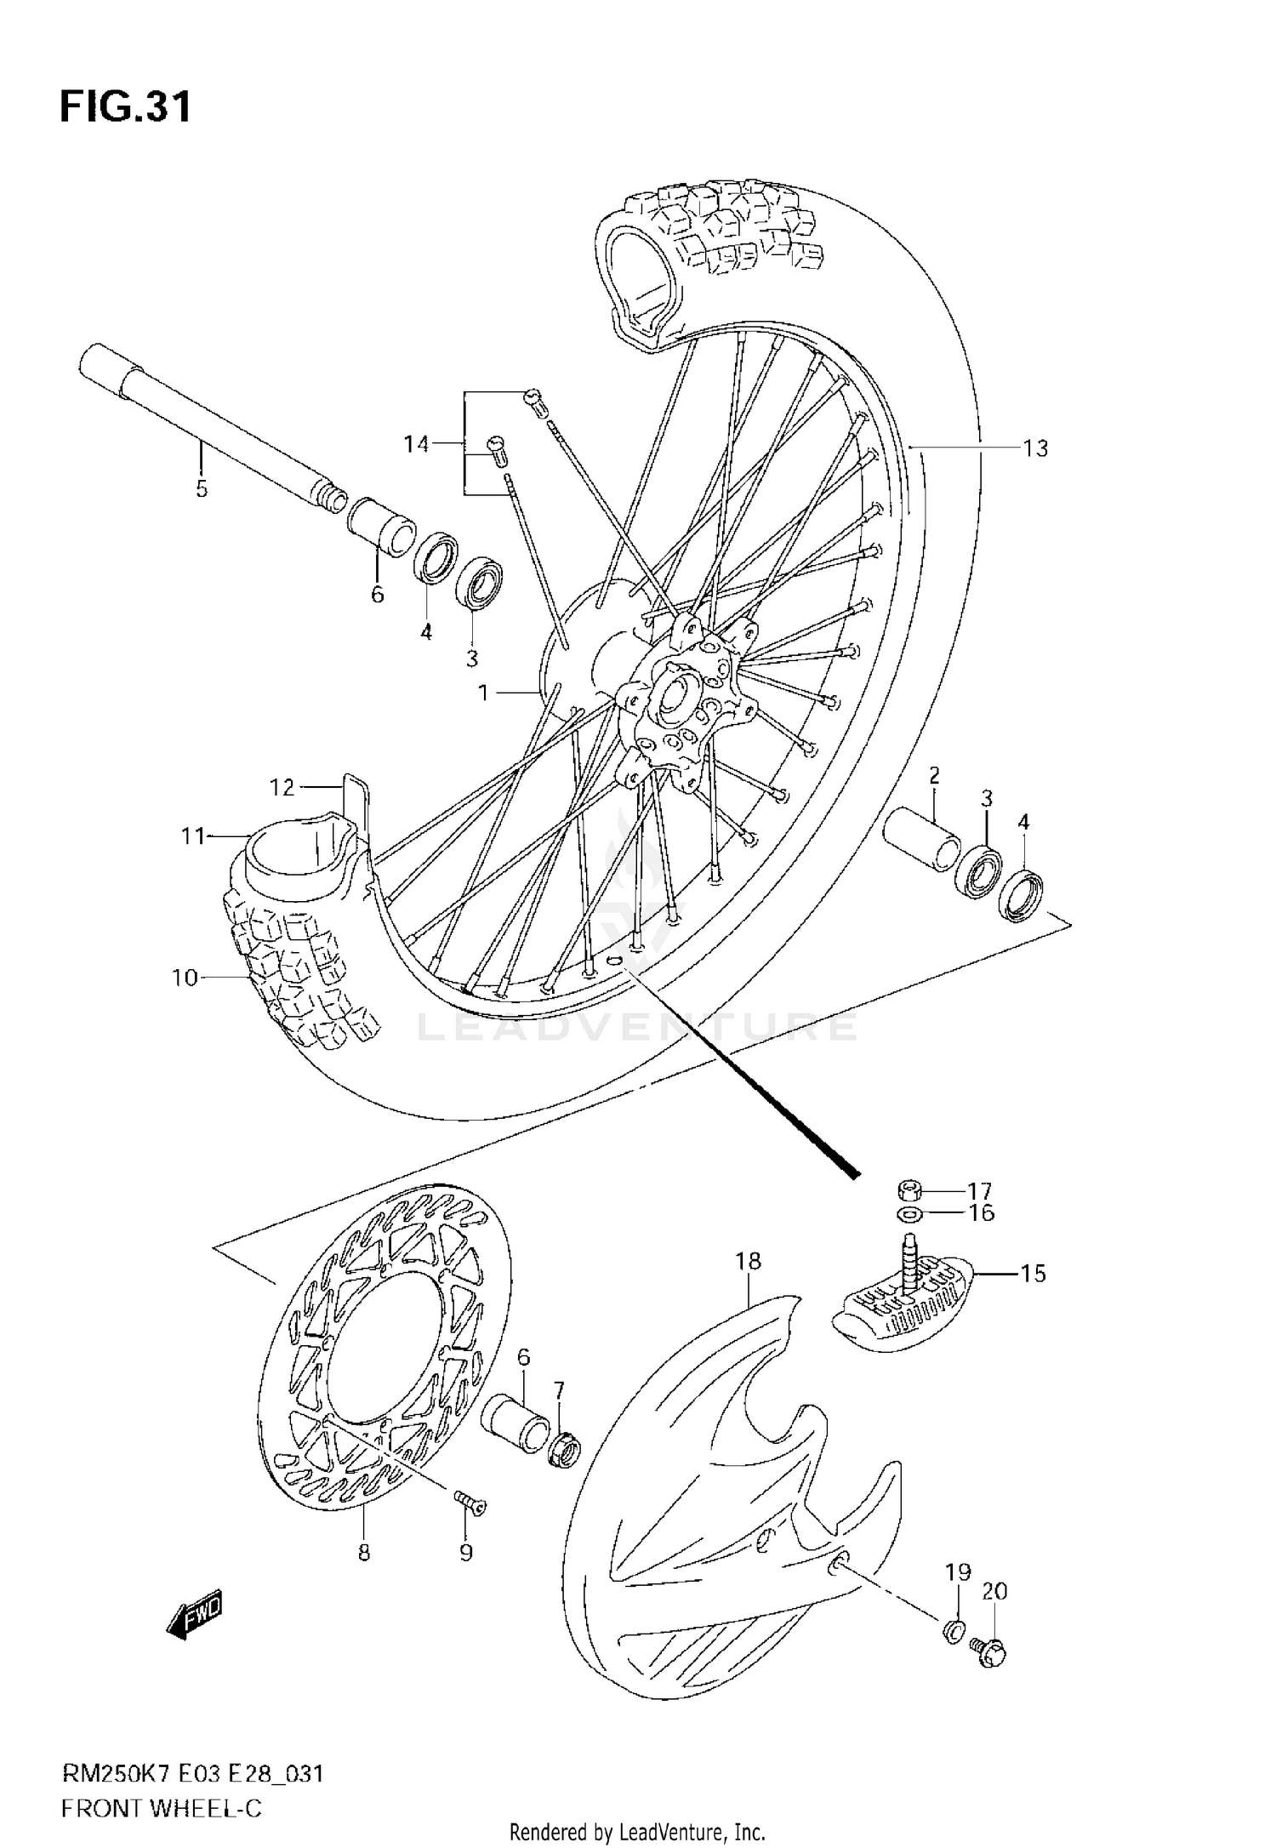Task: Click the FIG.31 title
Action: point(125,107)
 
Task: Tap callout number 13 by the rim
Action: point(1035,448)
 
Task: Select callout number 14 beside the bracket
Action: point(416,443)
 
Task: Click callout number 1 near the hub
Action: point(483,693)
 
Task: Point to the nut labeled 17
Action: point(910,1189)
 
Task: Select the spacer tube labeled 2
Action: point(920,839)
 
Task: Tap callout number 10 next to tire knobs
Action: point(185,978)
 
